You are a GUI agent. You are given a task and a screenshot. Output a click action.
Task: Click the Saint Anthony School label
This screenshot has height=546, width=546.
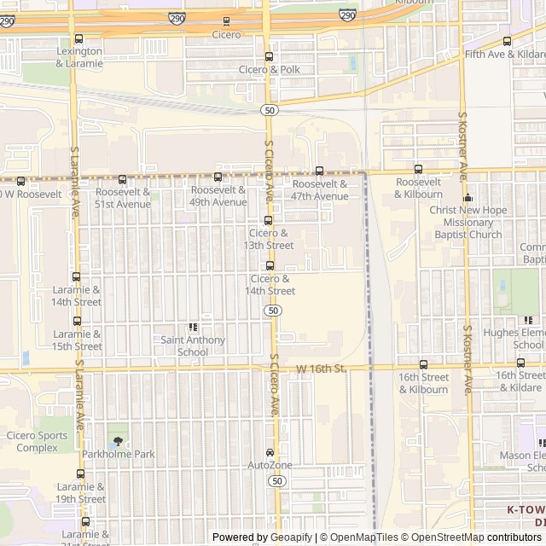(x=193, y=346)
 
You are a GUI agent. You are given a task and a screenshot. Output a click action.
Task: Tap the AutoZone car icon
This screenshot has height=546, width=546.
(x=270, y=452)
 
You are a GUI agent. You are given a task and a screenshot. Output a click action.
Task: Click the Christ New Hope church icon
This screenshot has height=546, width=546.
(x=468, y=198)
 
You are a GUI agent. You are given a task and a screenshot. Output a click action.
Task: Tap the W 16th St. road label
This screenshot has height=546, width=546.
(x=321, y=369)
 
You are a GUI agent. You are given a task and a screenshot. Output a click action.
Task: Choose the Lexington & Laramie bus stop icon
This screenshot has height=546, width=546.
(x=79, y=39)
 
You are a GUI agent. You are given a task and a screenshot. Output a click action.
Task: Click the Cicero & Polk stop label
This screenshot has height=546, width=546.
(x=270, y=69)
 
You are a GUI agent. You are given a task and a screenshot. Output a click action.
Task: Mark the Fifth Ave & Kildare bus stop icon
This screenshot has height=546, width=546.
(x=507, y=41)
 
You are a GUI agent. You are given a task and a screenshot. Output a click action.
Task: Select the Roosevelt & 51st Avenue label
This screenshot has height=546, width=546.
(x=122, y=198)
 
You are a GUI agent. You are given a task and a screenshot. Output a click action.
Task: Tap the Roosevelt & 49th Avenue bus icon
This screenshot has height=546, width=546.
(x=218, y=177)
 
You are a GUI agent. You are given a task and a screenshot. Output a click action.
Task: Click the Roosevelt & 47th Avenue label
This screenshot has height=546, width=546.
(x=320, y=189)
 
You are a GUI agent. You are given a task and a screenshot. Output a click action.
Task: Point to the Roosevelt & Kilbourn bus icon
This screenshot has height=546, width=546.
(x=418, y=169)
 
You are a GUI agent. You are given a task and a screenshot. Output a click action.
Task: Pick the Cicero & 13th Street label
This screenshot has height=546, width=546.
(x=269, y=238)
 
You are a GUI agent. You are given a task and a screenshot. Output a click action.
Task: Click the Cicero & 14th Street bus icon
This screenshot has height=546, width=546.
(x=270, y=265)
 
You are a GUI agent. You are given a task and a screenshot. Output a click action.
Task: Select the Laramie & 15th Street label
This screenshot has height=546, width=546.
(x=78, y=340)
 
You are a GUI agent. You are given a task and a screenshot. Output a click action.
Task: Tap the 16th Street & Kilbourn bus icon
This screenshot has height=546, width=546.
(x=423, y=363)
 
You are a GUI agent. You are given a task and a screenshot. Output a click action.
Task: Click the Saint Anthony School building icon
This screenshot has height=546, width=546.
(x=193, y=327)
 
